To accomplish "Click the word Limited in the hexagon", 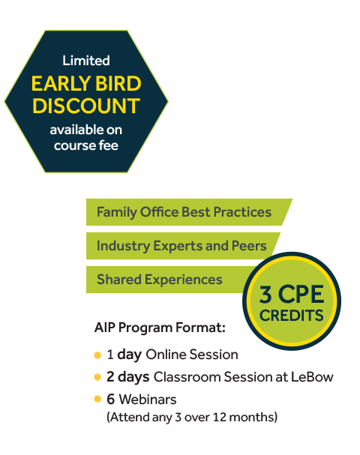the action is tap(86, 61).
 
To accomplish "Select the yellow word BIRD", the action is tap(118, 83).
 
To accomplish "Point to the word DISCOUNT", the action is tap(86, 106).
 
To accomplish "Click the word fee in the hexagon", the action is tap(108, 145).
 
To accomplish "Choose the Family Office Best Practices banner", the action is tap(189, 212).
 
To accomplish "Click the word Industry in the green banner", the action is tap(123, 246).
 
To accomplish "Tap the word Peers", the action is tap(249, 246).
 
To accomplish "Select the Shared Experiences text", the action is tap(160, 280).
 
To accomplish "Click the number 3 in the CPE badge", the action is tap(265, 295).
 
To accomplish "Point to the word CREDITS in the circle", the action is tap(291, 316).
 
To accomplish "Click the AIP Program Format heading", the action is tap(160, 328).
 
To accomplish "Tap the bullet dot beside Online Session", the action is tap(97, 355).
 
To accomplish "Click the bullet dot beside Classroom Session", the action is tap(97, 377).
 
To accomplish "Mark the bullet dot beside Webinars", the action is tap(97, 400).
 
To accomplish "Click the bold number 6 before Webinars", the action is tap(110, 400).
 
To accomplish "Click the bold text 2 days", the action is tap(128, 377).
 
